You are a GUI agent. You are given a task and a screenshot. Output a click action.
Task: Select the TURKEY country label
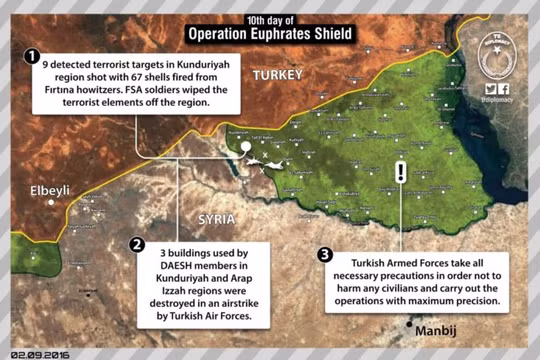(x=278, y=76)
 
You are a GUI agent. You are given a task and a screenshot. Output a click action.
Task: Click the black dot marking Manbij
(x=411, y=326)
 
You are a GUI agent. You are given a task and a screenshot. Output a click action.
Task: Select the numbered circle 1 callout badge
(x=34, y=58)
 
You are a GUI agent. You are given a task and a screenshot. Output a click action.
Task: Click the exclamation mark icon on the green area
(x=401, y=171)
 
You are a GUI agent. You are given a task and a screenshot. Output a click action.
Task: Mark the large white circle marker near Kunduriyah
(x=246, y=147)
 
